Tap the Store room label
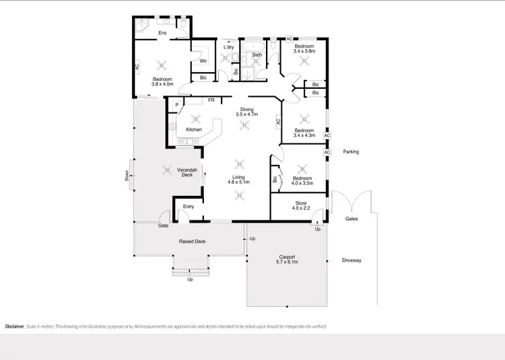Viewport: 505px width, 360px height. [x=301, y=206]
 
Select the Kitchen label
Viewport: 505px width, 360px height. [x=194, y=129]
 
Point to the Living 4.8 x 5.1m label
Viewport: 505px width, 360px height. [x=237, y=179]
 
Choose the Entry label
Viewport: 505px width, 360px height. [x=188, y=207]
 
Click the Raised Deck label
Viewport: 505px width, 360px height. [x=192, y=241]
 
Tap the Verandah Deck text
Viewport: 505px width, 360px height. [x=187, y=172]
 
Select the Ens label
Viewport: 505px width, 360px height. [x=162, y=33]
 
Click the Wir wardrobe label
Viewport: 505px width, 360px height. [x=203, y=61]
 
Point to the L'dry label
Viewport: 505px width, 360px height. [x=228, y=46]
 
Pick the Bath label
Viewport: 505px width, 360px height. [x=257, y=55]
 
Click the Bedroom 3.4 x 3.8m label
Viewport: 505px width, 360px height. [x=305, y=48]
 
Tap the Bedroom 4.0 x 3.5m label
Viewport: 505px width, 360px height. [x=302, y=180]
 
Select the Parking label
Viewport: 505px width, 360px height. [x=351, y=152]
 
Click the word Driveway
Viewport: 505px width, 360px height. [x=351, y=260]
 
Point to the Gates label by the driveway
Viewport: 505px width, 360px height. [x=351, y=219]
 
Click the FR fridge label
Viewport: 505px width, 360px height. [x=211, y=100]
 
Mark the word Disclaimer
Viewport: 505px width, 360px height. [x=15, y=326]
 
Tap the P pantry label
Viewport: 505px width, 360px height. [x=176, y=105]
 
